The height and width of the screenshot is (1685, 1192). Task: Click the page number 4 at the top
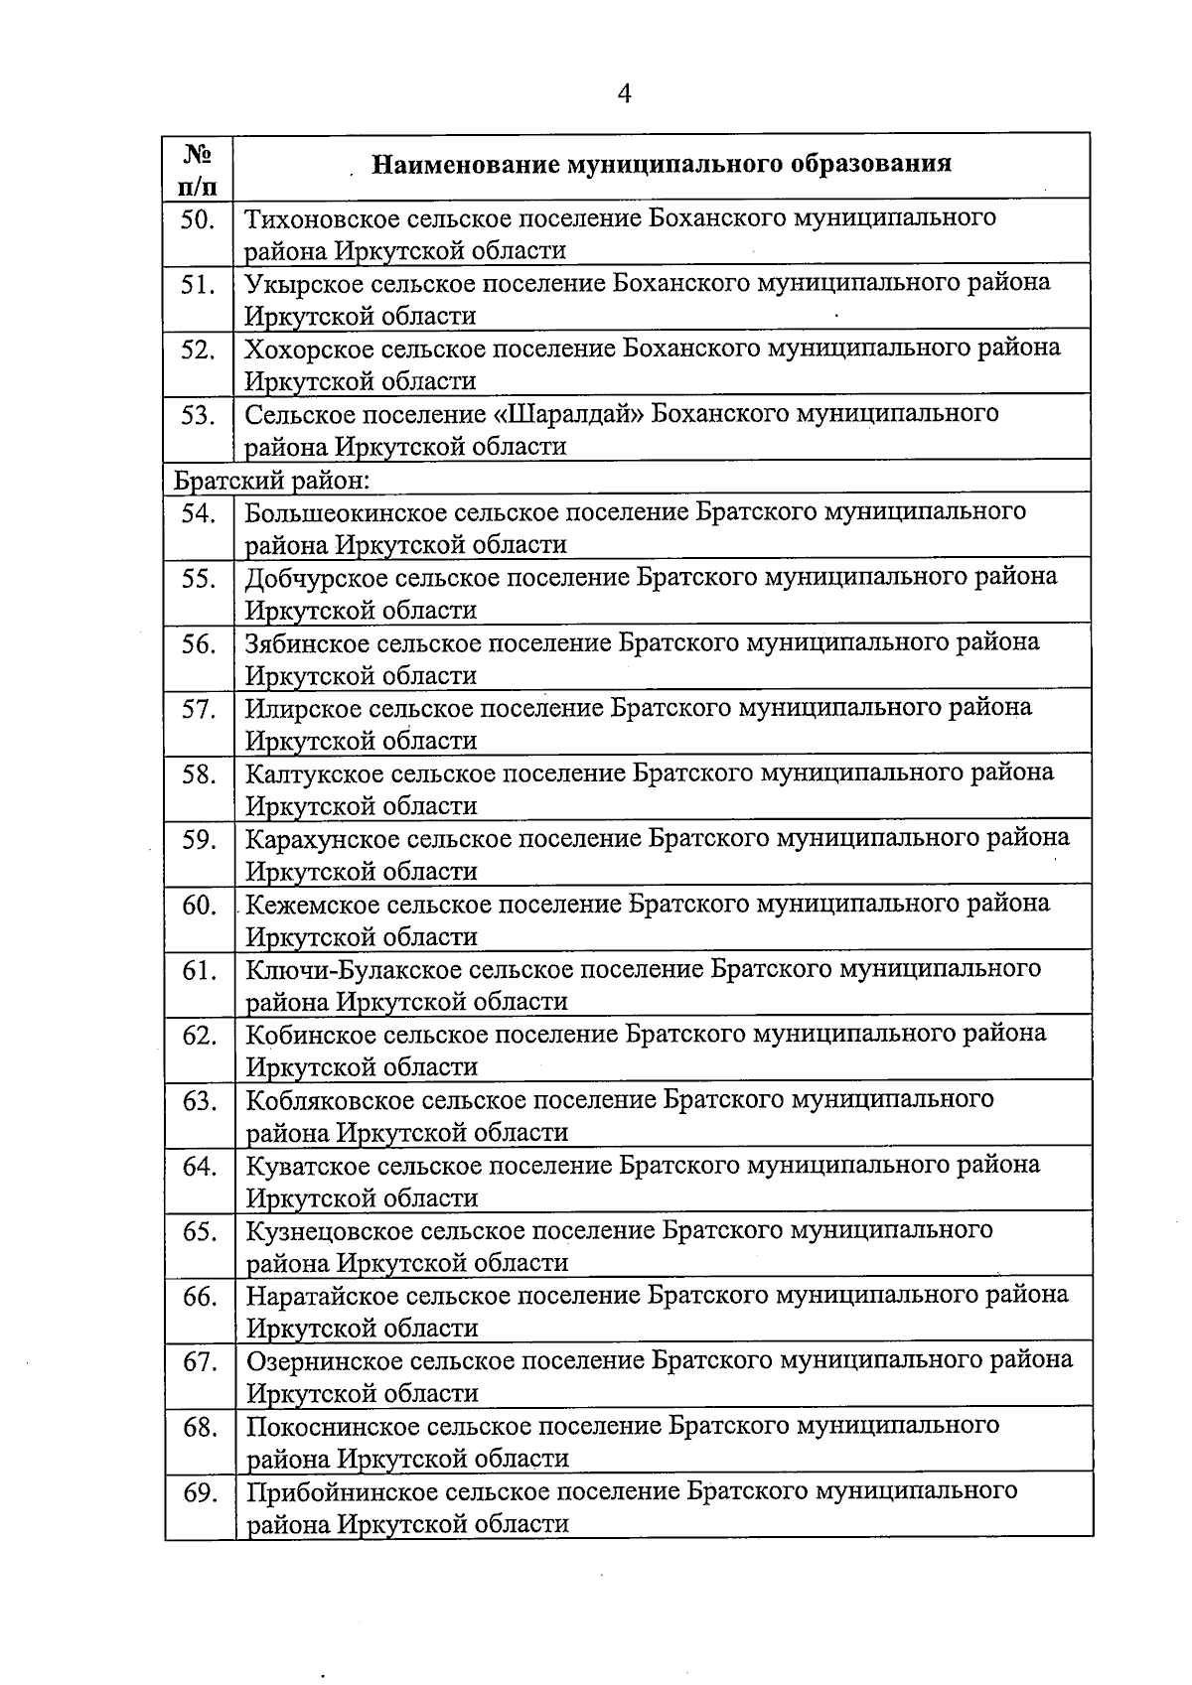point(624,93)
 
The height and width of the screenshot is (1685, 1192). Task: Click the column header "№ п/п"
point(198,168)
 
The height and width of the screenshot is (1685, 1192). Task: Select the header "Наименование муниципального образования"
point(662,163)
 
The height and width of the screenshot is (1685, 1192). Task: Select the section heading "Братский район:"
point(272,482)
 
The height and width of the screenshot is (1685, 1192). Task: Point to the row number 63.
point(199,1101)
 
